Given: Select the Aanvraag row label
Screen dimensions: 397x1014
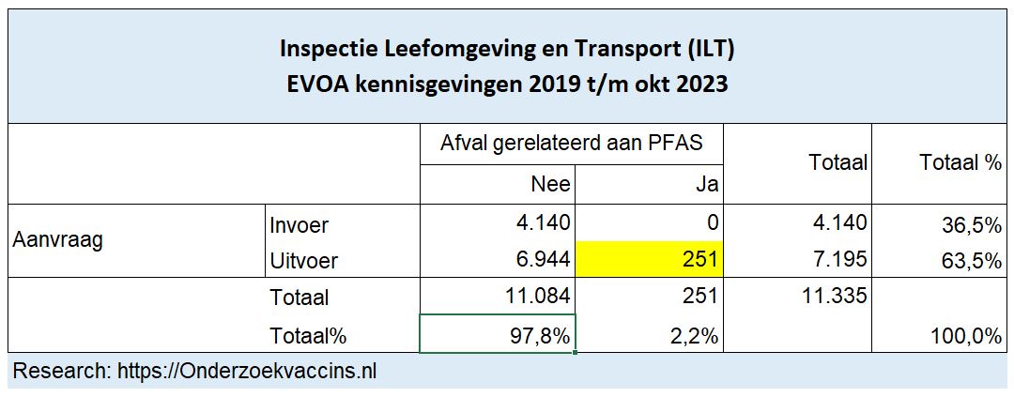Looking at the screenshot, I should click(x=57, y=240).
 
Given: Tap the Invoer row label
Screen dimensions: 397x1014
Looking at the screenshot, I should click(x=300, y=225).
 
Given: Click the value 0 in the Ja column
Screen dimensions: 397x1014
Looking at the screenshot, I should click(x=713, y=224).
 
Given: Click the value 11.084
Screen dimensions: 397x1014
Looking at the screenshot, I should click(x=531, y=298).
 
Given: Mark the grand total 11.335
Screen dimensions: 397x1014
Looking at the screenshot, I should click(x=829, y=298).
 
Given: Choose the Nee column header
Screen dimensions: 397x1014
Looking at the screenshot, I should click(x=550, y=185).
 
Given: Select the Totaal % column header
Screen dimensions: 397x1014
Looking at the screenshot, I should click(x=960, y=163).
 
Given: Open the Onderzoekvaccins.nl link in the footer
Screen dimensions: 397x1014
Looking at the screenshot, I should click(x=247, y=371).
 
